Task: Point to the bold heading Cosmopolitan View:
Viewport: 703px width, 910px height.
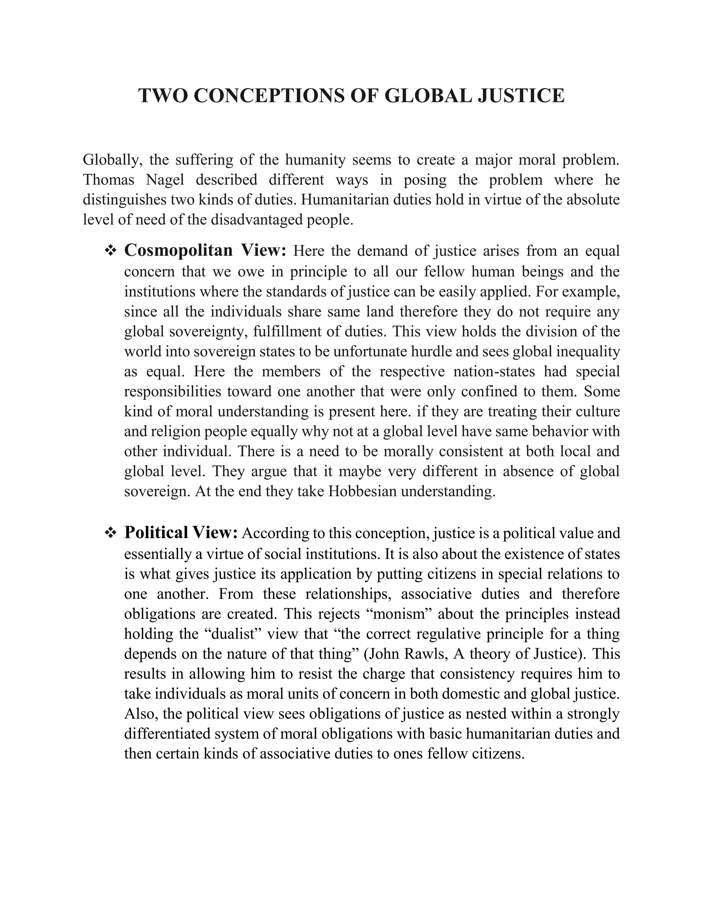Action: pyautogui.click(x=205, y=250)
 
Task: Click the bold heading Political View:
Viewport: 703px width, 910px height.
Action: pyautogui.click(x=181, y=533)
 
